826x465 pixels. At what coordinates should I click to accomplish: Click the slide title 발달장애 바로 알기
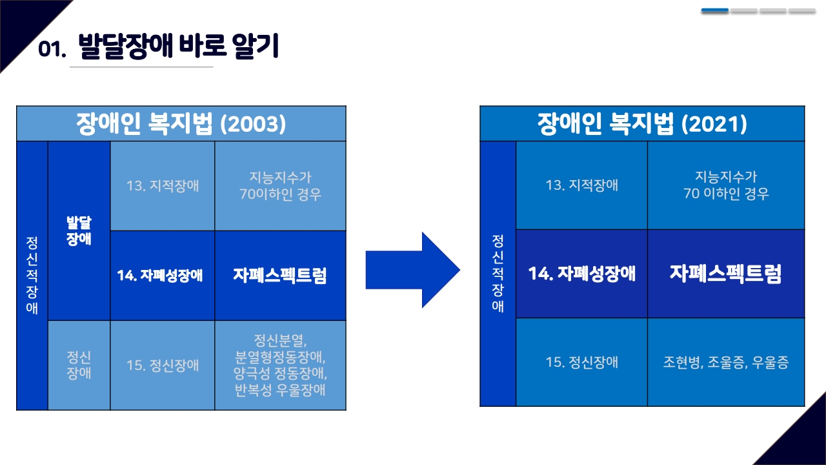coord(178,47)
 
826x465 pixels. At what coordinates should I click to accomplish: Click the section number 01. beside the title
coord(52,50)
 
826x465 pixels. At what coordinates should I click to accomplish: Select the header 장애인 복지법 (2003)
coord(181,123)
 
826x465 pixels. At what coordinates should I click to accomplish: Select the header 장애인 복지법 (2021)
coord(642,123)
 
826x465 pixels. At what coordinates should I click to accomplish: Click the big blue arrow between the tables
coord(412,269)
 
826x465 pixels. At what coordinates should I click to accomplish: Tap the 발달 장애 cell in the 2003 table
coord(79,231)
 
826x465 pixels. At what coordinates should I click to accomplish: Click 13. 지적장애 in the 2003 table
coord(163,186)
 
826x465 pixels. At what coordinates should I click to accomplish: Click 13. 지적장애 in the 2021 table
coord(581,185)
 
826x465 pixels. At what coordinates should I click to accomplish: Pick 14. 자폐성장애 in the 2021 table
coord(581,274)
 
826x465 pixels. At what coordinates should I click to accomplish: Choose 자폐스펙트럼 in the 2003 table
coord(280,276)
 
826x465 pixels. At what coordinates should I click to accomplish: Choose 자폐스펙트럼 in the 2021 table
coord(725,274)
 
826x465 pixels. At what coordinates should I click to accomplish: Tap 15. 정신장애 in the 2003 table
coord(163,366)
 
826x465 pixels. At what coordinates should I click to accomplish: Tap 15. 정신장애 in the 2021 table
coord(581,362)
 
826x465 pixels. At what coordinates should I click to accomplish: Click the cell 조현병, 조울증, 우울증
coord(725,362)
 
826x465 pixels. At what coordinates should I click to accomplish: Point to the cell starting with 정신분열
coord(280,366)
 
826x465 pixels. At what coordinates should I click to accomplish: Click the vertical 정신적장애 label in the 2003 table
coord(32,275)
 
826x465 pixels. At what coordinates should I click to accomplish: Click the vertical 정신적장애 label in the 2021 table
coord(498,273)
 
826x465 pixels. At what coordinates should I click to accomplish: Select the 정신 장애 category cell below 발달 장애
coord(79,365)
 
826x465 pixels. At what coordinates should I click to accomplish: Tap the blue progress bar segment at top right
coord(714,11)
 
